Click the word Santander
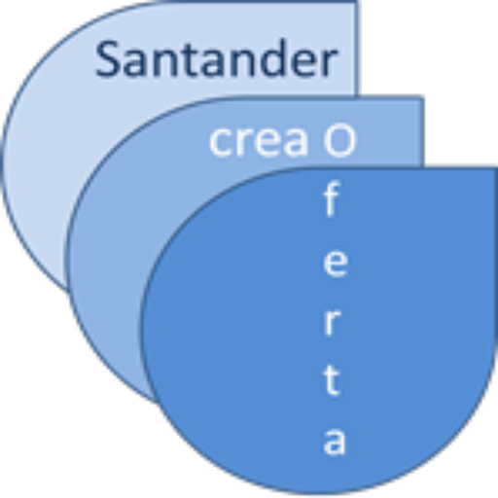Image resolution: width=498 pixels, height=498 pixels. tap(216, 58)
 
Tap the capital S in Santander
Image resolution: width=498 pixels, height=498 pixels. tap(107, 59)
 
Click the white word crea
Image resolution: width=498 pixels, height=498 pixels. tap(259, 141)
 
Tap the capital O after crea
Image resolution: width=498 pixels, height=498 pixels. tap(339, 140)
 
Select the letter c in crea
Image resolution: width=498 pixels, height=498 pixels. tap(220, 142)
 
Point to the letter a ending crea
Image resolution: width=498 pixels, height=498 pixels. tap(295, 142)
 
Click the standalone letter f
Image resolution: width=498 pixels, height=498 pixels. tap(332, 198)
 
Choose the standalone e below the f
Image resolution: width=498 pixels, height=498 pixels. tap(336, 263)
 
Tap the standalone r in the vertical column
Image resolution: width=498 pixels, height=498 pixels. tap(332, 321)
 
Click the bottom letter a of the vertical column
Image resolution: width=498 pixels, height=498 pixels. tap(334, 441)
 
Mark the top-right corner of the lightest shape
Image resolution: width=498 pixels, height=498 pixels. tap(357, 2)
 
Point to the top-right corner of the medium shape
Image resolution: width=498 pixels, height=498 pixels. tap(423, 97)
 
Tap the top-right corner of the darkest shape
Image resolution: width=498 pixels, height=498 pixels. tap(496, 167)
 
